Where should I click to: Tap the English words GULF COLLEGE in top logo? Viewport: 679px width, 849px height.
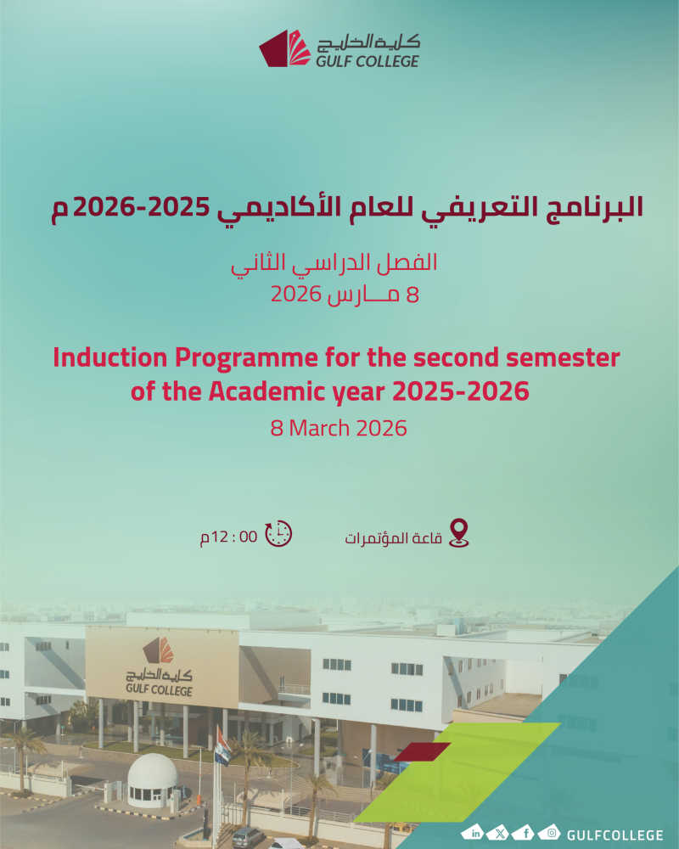368,60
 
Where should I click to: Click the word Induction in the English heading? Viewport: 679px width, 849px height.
110,358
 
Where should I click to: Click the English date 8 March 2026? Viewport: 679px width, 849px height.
339,428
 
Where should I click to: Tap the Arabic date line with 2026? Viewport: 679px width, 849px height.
345,295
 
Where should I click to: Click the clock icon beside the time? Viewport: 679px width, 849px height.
278,534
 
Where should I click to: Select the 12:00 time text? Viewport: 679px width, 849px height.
228,537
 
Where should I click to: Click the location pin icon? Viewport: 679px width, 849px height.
459,533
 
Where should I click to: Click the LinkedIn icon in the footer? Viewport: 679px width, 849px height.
474,833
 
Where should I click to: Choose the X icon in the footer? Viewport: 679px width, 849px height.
500,833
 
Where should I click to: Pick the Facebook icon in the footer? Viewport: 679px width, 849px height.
525,833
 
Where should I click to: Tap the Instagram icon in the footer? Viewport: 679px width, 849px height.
550,833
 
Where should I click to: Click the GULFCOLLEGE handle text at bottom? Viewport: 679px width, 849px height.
614,835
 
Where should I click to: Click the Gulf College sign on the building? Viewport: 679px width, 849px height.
162,667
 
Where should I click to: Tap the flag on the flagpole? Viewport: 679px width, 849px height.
222,746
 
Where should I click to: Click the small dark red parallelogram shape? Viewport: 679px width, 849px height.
423,751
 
